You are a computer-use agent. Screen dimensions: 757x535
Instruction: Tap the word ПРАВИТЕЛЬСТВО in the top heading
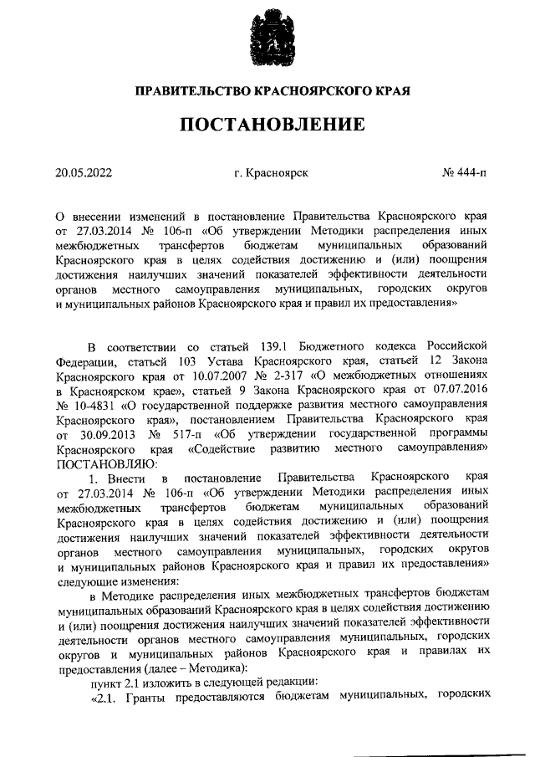click(x=185, y=89)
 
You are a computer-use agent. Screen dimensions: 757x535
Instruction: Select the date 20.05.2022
click(x=84, y=173)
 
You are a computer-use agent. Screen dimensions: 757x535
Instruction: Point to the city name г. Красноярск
click(x=272, y=173)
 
